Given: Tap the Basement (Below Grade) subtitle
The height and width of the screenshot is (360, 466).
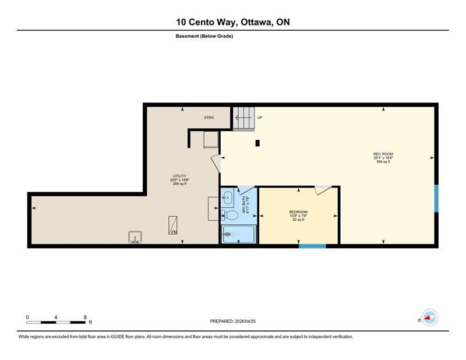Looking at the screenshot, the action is click(x=204, y=36).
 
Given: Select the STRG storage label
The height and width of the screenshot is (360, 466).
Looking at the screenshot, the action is click(x=209, y=118).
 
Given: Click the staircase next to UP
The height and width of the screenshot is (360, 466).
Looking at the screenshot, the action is click(x=243, y=118).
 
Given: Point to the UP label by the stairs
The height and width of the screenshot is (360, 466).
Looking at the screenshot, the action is click(x=260, y=118).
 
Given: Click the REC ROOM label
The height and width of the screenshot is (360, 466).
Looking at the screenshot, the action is click(x=383, y=154).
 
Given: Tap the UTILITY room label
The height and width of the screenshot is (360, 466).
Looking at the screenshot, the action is click(x=179, y=176).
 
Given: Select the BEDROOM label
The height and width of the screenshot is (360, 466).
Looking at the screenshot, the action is click(x=298, y=212).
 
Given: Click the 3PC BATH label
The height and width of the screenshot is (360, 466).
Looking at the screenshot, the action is click(x=243, y=205).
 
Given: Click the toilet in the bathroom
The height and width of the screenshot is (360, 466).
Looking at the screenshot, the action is click(x=230, y=214).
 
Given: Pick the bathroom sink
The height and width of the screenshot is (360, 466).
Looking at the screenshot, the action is click(x=227, y=197).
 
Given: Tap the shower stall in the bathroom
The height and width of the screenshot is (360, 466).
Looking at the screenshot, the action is click(x=238, y=234).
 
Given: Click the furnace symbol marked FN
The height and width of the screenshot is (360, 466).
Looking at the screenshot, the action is click(x=172, y=225).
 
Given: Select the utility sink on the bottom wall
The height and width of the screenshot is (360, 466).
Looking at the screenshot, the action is click(x=135, y=237).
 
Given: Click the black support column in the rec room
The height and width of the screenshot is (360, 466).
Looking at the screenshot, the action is click(x=257, y=143).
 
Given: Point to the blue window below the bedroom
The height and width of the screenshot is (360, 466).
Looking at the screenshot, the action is click(x=312, y=246).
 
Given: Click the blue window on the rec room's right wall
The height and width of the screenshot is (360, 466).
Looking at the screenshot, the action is click(x=436, y=199).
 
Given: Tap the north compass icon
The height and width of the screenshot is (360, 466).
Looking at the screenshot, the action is click(x=430, y=317).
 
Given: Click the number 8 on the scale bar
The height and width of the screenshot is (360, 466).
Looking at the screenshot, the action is click(x=85, y=317).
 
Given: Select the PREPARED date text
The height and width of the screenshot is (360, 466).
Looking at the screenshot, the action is click(x=232, y=322).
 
